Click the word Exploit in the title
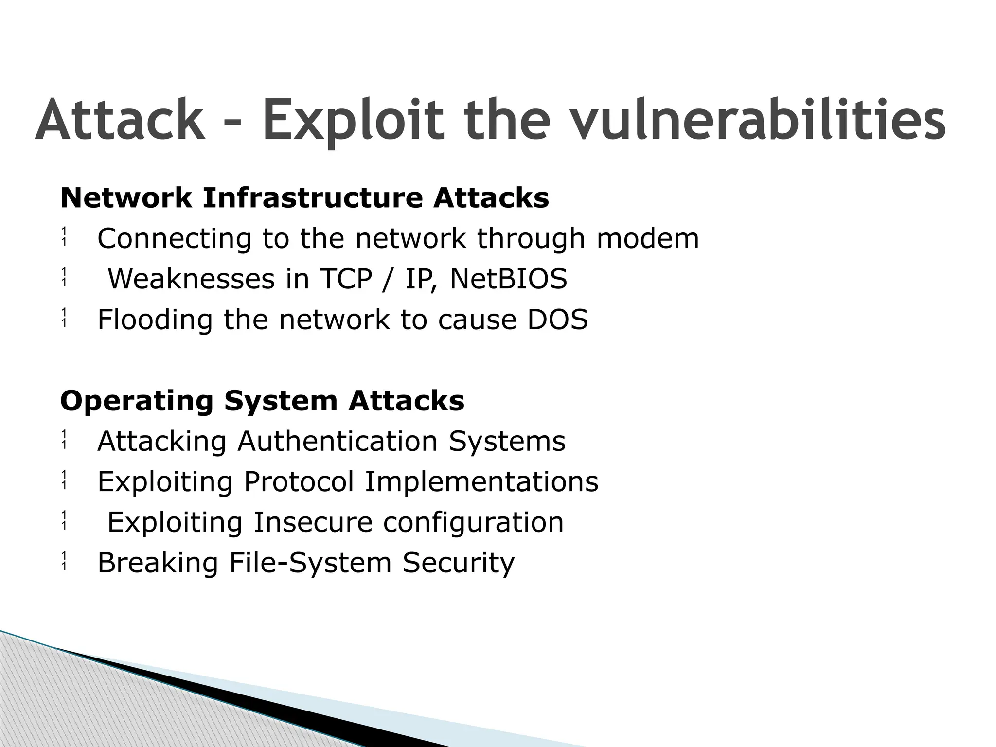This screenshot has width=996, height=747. [x=353, y=120]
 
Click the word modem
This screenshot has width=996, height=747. [x=648, y=238]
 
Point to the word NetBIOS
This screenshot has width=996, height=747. [x=508, y=279]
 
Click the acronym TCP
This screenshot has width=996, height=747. [x=346, y=279]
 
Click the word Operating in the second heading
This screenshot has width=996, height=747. [x=137, y=401]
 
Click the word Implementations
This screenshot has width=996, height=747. [x=481, y=481]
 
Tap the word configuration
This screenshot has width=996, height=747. [x=473, y=522]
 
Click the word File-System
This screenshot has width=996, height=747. [x=310, y=563]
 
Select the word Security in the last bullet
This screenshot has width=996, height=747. [x=458, y=563]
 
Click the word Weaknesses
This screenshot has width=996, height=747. [x=191, y=279]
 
